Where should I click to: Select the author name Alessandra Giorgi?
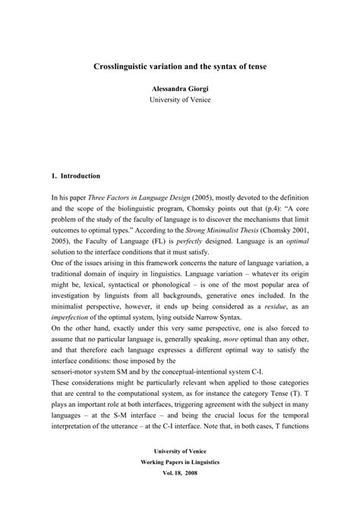point(179,88)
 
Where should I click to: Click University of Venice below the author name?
point(179,100)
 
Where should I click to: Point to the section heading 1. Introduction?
point(75,175)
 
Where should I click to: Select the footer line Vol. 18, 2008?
point(179,493)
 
